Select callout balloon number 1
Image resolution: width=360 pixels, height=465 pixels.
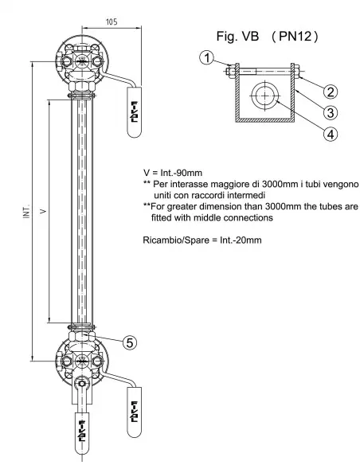coord(205,58)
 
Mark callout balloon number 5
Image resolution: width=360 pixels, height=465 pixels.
coord(130,342)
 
